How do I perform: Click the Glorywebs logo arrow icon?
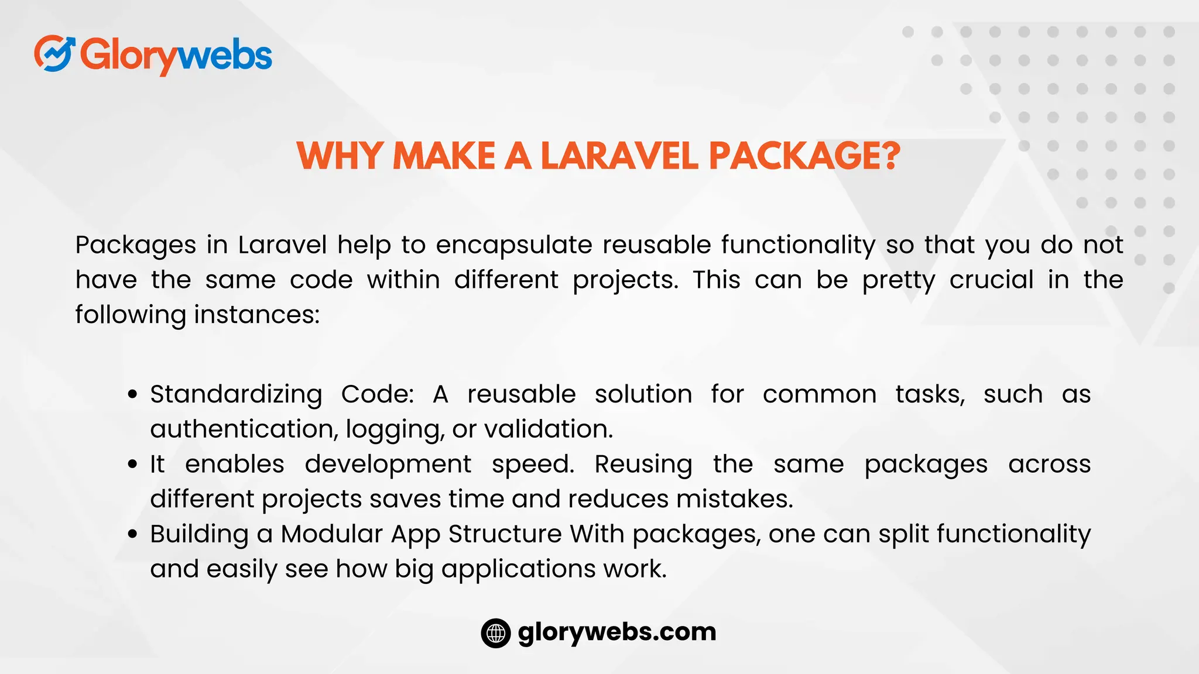coord(54,53)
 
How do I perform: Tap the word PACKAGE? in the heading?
coord(804,156)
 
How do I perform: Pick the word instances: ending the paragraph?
coord(257,315)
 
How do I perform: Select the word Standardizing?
coord(236,394)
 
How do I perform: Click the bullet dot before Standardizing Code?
coord(133,395)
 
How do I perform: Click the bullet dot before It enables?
coord(133,465)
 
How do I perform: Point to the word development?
coord(388,465)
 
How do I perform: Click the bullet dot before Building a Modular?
coord(133,534)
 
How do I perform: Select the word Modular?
coord(331,534)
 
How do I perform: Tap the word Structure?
coord(505,534)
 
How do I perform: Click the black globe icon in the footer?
coord(496,633)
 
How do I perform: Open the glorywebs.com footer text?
coord(617,632)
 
